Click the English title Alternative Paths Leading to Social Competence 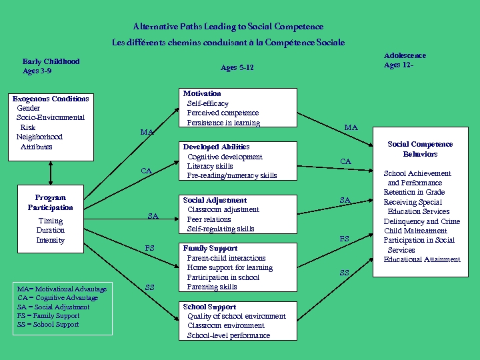pos(228,27)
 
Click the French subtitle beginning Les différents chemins pos(228,42)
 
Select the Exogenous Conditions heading pos(51,99)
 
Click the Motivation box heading pos(202,93)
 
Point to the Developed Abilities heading pos(216,147)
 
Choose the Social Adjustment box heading pos(215,200)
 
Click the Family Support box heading pos(210,248)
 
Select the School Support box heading pos(209,307)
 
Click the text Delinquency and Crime pos(421,221)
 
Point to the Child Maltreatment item pos(417,231)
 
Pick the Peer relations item pos(209,219)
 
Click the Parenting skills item pos(212,287)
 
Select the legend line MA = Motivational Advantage pos(61,289)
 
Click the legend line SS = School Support pos(48,325)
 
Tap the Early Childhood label pos(51,61)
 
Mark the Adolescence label pos(405,55)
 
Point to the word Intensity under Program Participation pos(51,240)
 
